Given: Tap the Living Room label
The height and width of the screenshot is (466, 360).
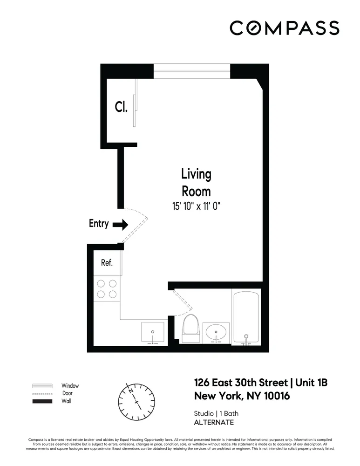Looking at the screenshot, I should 196,183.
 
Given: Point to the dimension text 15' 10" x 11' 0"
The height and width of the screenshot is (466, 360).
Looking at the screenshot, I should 196,206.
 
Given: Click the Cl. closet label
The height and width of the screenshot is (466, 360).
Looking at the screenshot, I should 121,107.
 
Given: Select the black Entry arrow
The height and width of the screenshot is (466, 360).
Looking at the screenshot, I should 121,225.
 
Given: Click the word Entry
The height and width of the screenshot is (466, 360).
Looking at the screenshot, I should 99,224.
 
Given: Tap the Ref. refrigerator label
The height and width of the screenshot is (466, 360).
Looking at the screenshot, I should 107,263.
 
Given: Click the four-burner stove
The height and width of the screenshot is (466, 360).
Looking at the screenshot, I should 107,288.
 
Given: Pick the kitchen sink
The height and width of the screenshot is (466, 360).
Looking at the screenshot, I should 152,332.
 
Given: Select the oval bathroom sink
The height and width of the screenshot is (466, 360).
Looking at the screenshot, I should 217,333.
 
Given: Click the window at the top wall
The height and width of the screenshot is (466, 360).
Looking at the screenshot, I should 192,71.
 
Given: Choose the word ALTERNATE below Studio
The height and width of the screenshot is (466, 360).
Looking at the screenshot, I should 214,423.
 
